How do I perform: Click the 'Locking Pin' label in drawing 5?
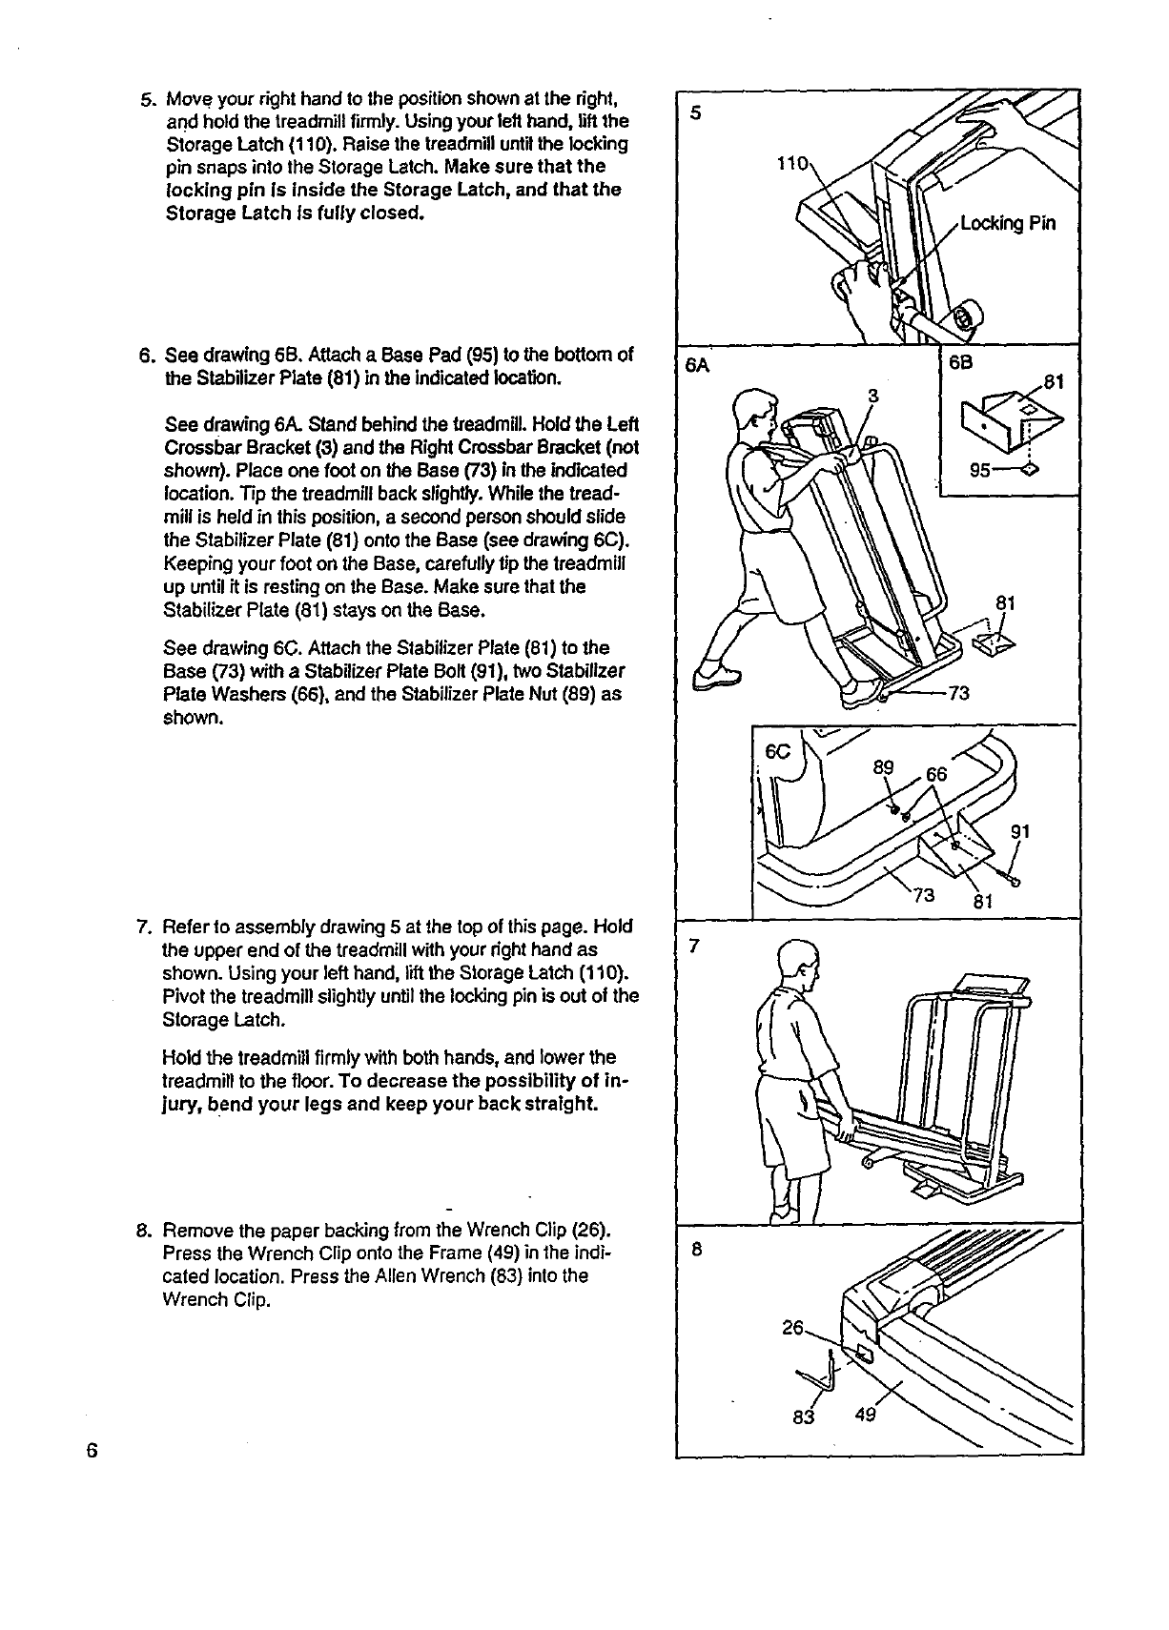[x=1008, y=225]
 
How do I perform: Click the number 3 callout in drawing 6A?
[x=872, y=396]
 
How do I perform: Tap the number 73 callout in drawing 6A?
[x=958, y=694]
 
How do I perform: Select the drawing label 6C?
[x=779, y=750]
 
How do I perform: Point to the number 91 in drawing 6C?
[x=1020, y=831]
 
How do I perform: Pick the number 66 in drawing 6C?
[x=936, y=775]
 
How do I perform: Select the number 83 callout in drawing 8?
[x=804, y=1416]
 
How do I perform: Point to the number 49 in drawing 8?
[x=865, y=1416]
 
